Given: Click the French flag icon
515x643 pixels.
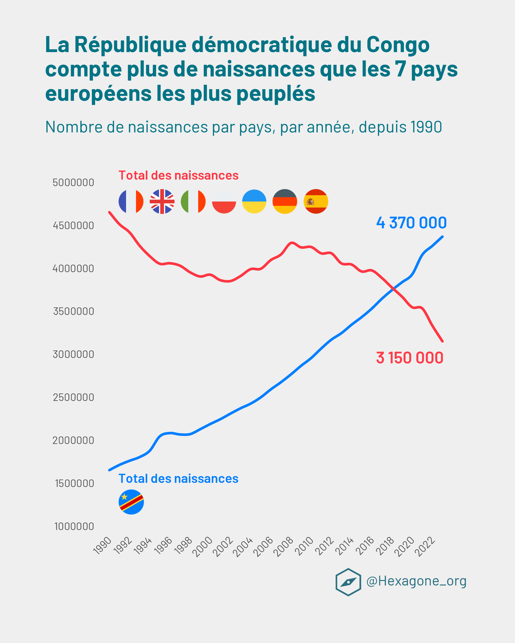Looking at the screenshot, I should (131, 202).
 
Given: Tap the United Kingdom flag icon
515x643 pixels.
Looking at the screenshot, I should (162, 202).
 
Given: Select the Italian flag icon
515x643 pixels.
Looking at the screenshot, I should (193, 202).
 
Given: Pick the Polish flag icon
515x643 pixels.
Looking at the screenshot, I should (224, 202).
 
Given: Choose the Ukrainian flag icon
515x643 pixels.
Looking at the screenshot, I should (254, 202).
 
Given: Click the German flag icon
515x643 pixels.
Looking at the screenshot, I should (285, 202).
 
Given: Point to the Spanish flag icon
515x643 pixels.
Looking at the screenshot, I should (316, 202).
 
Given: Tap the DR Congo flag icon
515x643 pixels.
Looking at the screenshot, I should (131, 502).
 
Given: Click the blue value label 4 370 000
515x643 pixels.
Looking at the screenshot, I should (411, 223).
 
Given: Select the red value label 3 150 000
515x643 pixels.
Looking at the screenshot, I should (410, 358).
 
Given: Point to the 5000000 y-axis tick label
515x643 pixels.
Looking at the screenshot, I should (73, 182).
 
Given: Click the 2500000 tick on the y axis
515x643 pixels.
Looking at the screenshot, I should (73, 397).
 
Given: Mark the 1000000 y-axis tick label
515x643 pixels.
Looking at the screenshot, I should (74, 527).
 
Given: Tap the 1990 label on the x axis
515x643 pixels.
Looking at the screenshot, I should (103, 546).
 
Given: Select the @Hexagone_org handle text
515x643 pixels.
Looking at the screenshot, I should (416, 581).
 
